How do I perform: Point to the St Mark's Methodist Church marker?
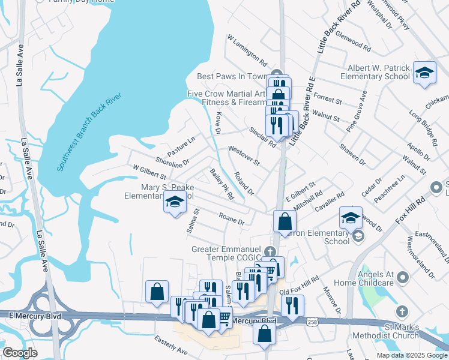pos(402,313)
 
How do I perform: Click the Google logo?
pos(19,352)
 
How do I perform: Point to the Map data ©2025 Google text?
pos(411,355)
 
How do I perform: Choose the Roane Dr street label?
pos(232,220)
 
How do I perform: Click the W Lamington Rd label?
pos(247,50)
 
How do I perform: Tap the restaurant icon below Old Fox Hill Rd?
pos(292,305)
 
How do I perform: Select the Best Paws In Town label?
pos(231,77)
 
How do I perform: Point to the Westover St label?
pos(243,155)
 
